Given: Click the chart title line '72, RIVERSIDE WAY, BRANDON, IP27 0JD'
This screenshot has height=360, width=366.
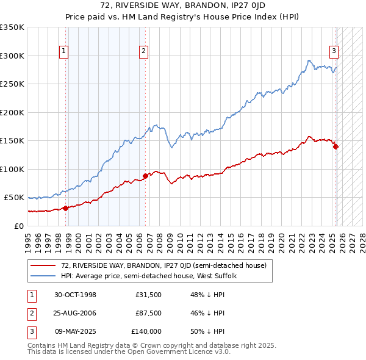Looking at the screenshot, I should point(183,5).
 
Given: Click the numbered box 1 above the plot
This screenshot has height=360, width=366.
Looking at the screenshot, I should point(64,52).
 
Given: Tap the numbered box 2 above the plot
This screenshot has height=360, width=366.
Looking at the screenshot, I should point(143,52).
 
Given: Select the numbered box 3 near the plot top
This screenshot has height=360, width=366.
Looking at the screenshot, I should point(334,52).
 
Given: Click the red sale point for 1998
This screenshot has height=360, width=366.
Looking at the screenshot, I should point(65,208).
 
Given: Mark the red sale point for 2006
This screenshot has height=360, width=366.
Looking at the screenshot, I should point(145,176).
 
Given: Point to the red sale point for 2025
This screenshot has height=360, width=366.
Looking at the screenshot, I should point(335,146).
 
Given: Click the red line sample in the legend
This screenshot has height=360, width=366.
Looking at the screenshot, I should point(43,265).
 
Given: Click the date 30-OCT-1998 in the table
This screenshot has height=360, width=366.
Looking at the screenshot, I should point(75,295).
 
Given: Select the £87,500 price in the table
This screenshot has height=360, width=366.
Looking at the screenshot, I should point(148,313).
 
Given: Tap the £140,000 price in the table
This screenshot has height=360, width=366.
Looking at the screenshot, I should point(146,331).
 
